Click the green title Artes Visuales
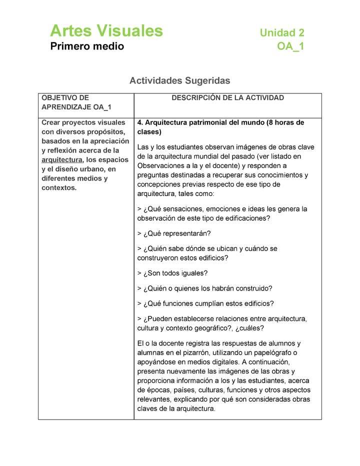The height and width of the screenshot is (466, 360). [106, 31]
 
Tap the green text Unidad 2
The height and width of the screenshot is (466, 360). [281, 33]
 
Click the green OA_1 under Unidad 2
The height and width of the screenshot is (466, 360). [290, 47]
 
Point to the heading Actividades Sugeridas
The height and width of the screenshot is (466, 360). [179, 80]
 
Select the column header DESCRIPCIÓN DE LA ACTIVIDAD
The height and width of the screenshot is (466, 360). [227, 98]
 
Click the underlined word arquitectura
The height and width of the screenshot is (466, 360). [61, 160]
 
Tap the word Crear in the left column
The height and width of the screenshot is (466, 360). [51, 122]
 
